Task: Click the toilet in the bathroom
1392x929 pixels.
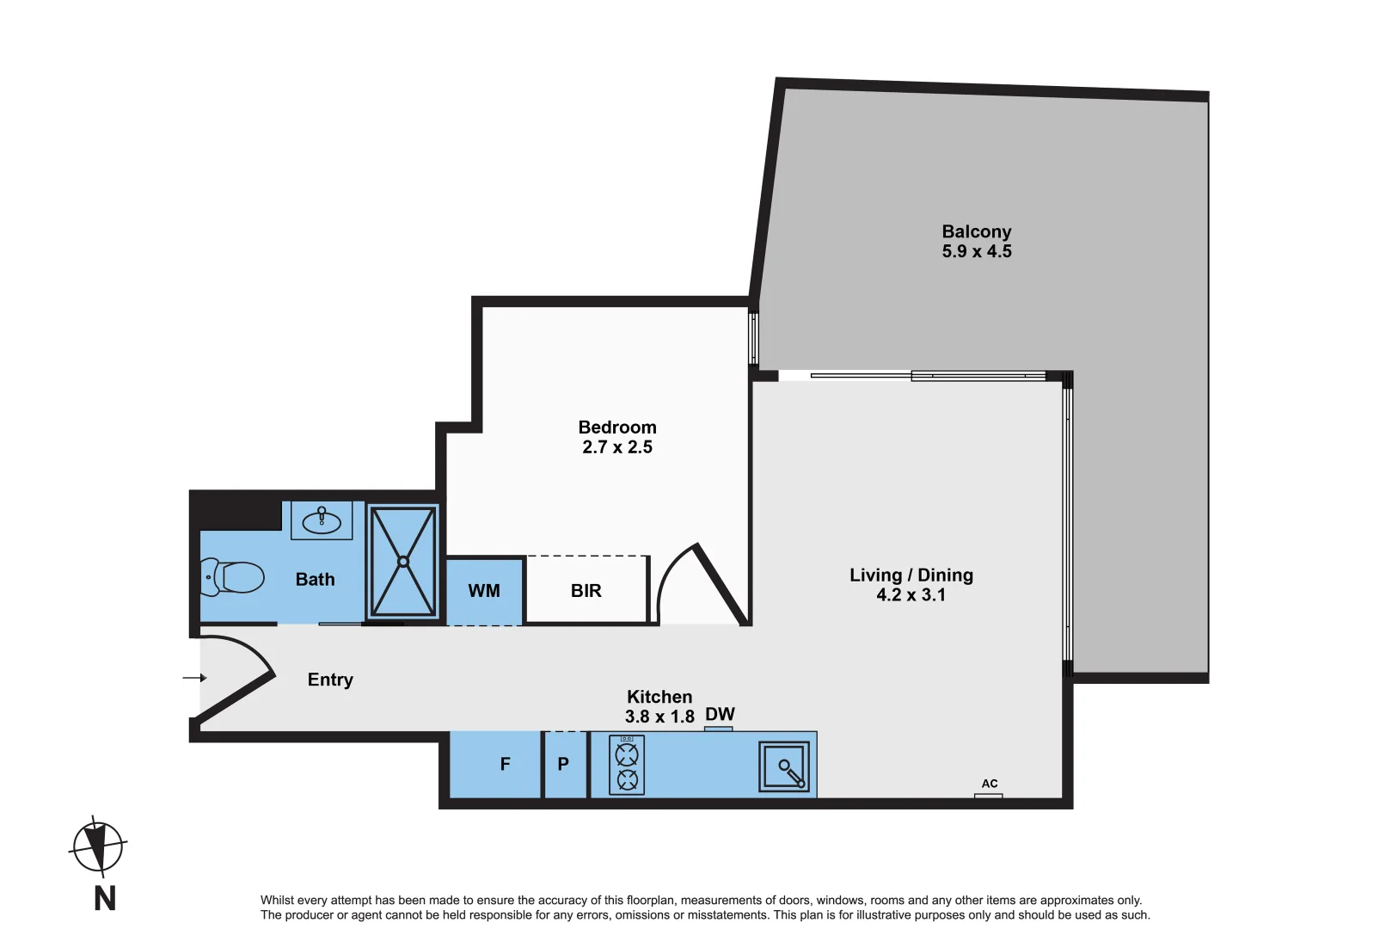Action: click(234, 577)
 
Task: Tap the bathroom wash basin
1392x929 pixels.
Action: click(322, 520)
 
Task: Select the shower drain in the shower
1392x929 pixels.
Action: click(402, 562)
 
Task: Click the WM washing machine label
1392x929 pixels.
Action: click(484, 591)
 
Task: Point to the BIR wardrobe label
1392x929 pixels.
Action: click(586, 591)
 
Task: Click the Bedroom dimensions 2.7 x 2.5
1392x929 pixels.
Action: click(617, 447)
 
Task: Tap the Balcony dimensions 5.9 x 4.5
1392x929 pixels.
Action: click(977, 252)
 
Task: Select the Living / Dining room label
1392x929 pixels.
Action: click(911, 575)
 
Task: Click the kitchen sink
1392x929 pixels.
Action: click(785, 766)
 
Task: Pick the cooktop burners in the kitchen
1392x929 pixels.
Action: click(627, 765)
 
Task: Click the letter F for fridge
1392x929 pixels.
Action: click(506, 764)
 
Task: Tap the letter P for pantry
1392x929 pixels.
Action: click(563, 764)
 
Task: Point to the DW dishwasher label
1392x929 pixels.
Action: click(720, 715)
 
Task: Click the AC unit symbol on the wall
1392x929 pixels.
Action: click(988, 796)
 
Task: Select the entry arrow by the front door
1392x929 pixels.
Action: click(194, 678)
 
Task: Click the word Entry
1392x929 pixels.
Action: click(330, 680)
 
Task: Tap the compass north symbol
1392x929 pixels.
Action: click(99, 846)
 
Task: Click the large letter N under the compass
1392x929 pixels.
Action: click(105, 899)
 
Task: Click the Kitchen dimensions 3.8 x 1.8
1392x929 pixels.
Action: click(659, 717)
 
